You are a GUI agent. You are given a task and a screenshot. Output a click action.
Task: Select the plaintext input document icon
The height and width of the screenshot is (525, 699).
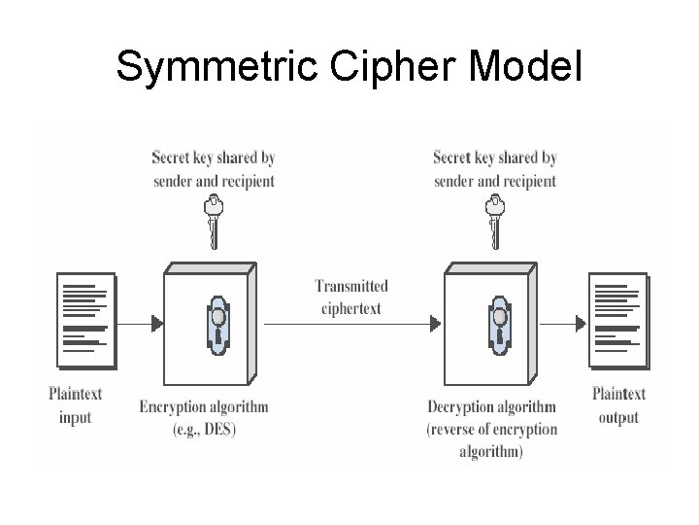[x=85, y=321]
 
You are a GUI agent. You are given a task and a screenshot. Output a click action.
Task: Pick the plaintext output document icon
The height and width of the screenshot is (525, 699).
[x=616, y=321]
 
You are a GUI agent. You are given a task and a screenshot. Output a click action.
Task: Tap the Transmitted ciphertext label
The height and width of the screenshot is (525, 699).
[x=350, y=297]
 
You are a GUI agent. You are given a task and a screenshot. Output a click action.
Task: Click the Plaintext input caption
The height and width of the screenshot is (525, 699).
[x=75, y=405]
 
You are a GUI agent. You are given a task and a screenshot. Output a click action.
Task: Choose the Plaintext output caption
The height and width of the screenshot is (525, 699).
[x=618, y=405]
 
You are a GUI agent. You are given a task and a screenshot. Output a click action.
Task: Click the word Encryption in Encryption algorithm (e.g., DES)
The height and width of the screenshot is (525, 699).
[x=176, y=407]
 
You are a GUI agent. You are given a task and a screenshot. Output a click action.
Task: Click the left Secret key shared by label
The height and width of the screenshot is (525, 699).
[x=213, y=157]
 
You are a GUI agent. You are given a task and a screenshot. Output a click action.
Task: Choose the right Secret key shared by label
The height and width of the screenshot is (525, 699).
[x=494, y=157]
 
